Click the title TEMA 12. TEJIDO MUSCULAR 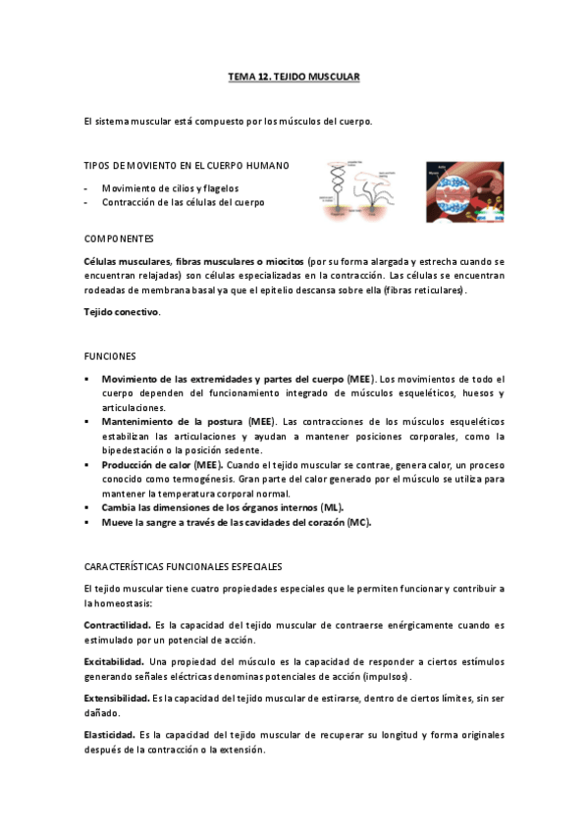tap(294, 76)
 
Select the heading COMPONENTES tap(119, 239)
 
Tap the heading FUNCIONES tap(110, 355)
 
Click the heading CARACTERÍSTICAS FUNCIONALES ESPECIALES tap(183, 567)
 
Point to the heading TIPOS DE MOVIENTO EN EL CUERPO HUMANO tap(187, 165)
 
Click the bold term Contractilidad tap(117, 623)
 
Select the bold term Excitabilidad tap(114, 661)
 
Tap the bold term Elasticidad tap(109, 734)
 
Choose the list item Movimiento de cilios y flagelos tap(170, 187)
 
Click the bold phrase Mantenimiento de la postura tap(167, 421)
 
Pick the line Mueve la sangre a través tap(236, 522)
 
